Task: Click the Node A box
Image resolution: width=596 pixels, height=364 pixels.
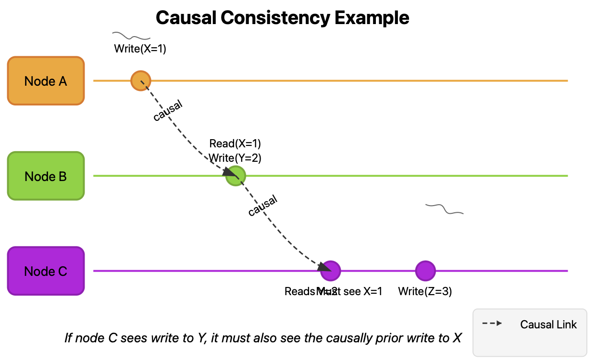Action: tap(46, 81)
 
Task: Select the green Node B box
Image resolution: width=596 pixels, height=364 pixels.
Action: tap(46, 176)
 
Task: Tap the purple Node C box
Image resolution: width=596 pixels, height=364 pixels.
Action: tap(46, 271)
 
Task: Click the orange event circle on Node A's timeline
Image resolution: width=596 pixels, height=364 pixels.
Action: tap(141, 80)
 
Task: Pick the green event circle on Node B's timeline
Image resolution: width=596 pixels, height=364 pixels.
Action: tap(236, 176)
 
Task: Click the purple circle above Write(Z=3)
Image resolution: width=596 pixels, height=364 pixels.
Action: tap(425, 271)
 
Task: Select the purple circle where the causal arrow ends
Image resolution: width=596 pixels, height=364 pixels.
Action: tap(331, 271)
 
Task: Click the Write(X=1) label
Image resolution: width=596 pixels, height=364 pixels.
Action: tap(140, 49)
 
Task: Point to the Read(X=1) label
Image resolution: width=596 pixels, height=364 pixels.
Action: tap(235, 143)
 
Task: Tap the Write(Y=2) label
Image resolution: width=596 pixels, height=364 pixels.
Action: tap(235, 157)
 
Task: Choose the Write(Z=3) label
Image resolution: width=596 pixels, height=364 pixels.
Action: tap(425, 291)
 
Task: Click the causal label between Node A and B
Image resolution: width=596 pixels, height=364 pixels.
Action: tap(168, 111)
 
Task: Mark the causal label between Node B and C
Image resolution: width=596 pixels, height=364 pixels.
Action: tap(262, 206)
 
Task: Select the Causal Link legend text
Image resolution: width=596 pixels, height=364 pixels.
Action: tap(548, 325)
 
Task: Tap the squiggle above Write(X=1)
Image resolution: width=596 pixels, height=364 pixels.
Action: tap(131, 36)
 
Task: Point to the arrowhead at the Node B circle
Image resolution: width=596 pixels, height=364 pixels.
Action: tap(228, 171)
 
